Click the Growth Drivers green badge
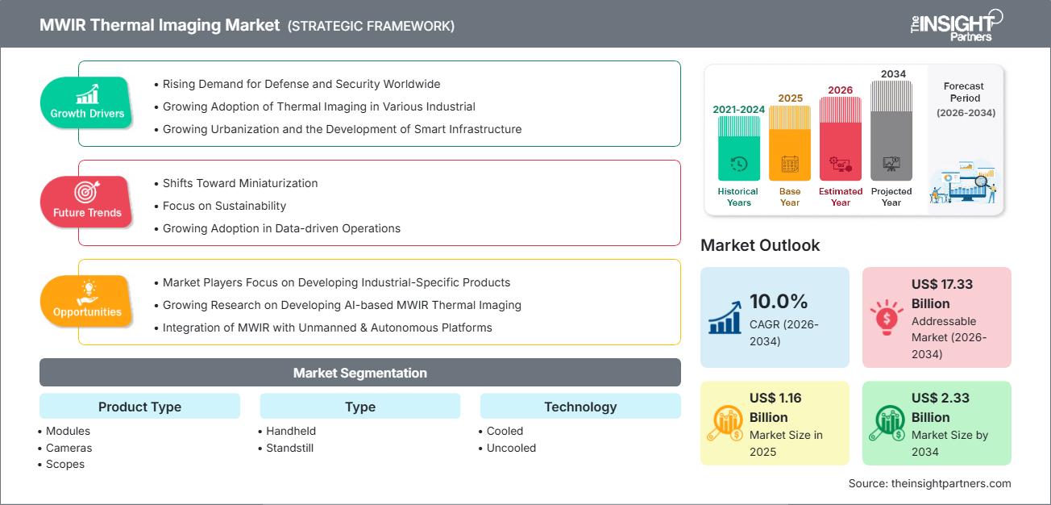[x=87, y=102]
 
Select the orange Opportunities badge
[x=86, y=301]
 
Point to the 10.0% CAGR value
[x=779, y=302]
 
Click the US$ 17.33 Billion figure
[x=941, y=294]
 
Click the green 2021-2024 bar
[x=738, y=148]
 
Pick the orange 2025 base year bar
[x=790, y=143]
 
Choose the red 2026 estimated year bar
[x=841, y=138]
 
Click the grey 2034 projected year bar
[x=891, y=130]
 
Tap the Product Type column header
[x=139, y=407]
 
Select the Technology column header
[x=580, y=407]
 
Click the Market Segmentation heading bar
[x=359, y=373]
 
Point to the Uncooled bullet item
[x=511, y=448]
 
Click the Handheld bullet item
[x=291, y=431]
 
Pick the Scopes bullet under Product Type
[x=65, y=464]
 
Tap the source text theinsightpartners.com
[x=929, y=483]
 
